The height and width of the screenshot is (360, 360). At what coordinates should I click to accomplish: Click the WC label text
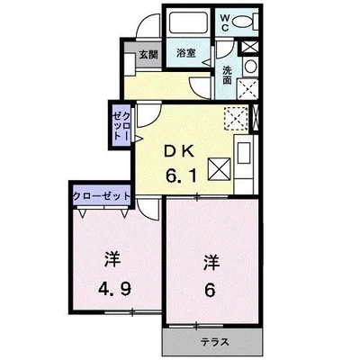(x=225, y=23)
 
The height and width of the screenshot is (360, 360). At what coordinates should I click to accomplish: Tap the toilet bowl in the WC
(x=243, y=22)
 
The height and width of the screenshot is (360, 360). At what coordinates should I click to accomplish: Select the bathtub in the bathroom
(x=188, y=23)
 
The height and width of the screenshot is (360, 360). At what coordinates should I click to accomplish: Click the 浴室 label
(x=186, y=53)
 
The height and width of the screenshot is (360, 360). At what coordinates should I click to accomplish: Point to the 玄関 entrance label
(x=148, y=55)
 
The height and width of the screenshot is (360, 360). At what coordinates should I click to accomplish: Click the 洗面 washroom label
(x=227, y=76)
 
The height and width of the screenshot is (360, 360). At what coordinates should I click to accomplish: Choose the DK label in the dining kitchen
(x=179, y=152)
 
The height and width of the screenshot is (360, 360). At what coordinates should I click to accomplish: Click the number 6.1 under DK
(x=182, y=175)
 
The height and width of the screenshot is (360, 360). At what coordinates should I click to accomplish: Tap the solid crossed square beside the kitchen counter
(x=220, y=169)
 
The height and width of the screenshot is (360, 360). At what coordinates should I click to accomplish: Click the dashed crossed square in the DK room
(x=236, y=118)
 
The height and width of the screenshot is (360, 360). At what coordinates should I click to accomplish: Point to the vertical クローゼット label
(x=121, y=125)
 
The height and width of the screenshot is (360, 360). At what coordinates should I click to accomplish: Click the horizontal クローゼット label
(x=103, y=196)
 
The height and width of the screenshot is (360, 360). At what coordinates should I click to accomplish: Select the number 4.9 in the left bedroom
(x=114, y=290)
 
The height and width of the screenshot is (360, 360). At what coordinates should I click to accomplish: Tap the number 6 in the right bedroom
(x=211, y=290)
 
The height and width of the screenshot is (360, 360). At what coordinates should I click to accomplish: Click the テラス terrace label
(x=215, y=342)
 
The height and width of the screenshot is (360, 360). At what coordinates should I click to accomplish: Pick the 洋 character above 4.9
(x=112, y=261)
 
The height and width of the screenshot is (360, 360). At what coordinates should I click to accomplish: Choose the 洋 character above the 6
(x=211, y=263)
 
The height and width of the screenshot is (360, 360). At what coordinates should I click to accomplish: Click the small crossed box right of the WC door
(x=249, y=47)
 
